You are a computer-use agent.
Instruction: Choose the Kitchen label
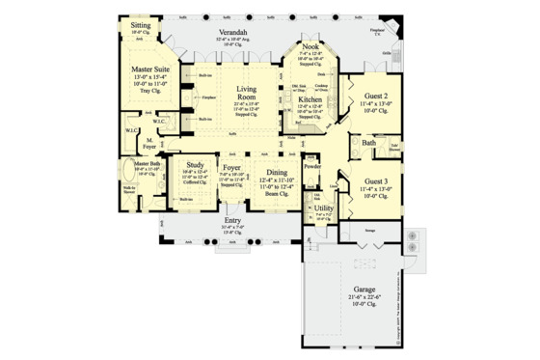pyautogui.click(x=310, y=99)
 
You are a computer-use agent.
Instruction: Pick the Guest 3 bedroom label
pyautogui.click(x=378, y=181)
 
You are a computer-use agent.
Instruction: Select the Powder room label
pyautogui.click(x=311, y=164)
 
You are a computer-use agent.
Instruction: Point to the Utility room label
pyautogui.click(x=324, y=208)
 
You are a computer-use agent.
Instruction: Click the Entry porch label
pyautogui.click(x=232, y=220)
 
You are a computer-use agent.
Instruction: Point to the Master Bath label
pyautogui.click(x=148, y=164)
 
